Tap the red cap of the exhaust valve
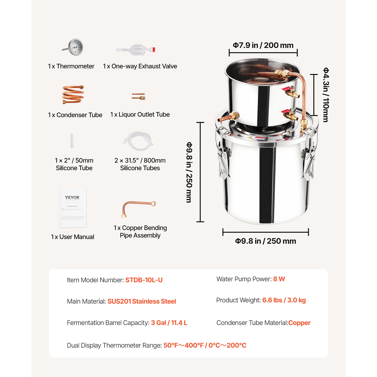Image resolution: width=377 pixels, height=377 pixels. click(x=154, y=50)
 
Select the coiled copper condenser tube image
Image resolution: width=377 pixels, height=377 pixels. click(x=73, y=95)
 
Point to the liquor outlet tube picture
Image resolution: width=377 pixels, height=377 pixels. click(x=138, y=96)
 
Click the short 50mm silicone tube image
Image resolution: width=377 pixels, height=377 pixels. click(x=72, y=141)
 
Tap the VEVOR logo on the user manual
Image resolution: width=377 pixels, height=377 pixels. click(x=72, y=198)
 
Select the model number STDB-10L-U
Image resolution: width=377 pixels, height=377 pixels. click(x=144, y=280)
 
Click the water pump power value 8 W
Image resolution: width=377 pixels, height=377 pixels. click(x=279, y=279)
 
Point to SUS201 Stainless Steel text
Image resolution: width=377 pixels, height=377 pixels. click(x=142, y=301)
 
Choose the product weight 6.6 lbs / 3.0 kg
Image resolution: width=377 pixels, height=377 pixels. click(x=284, y=300)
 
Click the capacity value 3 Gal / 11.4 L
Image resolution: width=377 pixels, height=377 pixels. click(x=169, y=323)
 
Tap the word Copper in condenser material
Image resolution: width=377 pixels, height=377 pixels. click(x=299, y=323)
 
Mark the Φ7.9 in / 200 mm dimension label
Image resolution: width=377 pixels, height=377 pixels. click(x=263, y=45)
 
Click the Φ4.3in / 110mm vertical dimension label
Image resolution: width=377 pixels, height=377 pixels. click(x=326, y=95)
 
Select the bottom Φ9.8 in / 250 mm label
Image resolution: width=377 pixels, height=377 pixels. click(x=265, y=241)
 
